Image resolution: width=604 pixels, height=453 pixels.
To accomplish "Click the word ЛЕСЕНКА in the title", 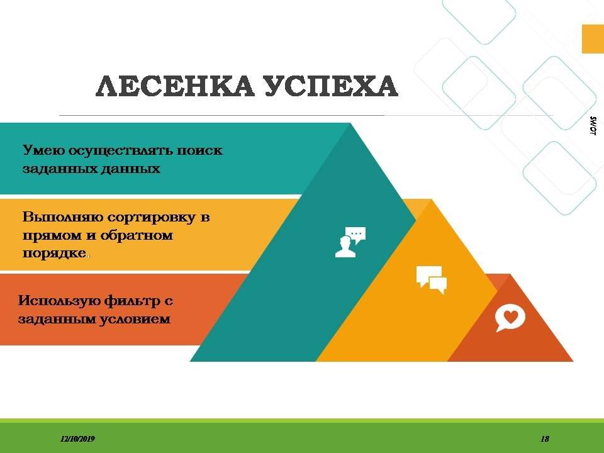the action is [176, 86].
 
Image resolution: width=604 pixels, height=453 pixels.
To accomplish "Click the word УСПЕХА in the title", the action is [332, 86].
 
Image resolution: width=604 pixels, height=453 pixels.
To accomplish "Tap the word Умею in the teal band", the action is [43, 150].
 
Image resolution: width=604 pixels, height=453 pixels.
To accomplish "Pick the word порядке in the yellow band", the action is [54, 253].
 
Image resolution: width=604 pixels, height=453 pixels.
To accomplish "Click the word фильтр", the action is [131, 301].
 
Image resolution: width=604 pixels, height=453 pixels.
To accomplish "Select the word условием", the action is [135, 319].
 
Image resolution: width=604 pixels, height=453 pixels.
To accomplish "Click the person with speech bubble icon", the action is [350, 242].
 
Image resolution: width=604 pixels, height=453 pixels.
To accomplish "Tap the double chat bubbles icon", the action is [432, 279].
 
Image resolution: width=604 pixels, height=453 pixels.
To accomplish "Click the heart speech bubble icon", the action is [510, 318].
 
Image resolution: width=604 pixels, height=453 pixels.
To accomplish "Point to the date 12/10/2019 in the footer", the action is [78, 439].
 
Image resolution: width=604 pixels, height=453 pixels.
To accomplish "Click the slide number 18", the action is [545, 439].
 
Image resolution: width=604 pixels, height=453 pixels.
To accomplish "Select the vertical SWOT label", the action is [593, 126].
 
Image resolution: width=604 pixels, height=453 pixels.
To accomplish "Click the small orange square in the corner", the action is [593, 39].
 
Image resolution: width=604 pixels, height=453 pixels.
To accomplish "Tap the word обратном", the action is [137, 235].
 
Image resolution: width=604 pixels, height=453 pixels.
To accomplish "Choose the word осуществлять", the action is [120, 150].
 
